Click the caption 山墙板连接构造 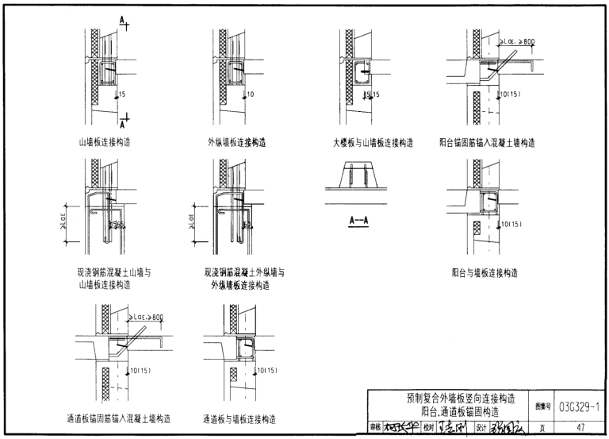(x=105, y=143)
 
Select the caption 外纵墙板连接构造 (x=232, y=143)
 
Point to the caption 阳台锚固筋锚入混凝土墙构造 (x=487, y=143)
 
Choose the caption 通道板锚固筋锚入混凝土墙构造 (x=118, y=418)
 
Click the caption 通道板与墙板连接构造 (x=239, y=418)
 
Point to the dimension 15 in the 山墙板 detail (x=121, y=95)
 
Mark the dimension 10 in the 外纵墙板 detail (x=250, y=95)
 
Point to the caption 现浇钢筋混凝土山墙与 (x=109, y=272)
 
